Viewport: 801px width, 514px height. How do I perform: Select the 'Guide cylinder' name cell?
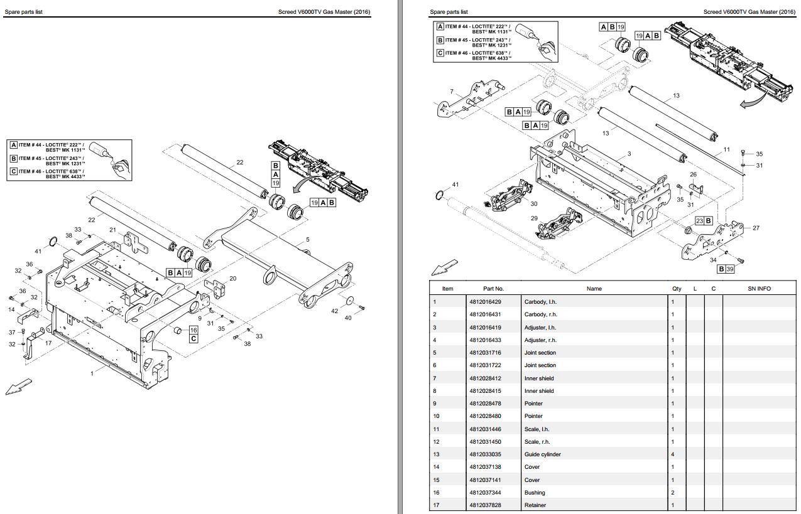[x=542, y=454]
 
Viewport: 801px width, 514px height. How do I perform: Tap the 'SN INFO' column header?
[x=759, y=289]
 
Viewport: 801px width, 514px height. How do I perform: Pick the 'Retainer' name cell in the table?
[x=535, y=505]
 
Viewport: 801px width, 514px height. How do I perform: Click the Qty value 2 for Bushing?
[x=673, y=493]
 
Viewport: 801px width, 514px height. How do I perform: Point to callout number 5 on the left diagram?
[x=308, y=239]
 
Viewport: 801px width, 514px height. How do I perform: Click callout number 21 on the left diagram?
[x=113, y=230]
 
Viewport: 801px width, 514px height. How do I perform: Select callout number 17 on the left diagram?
[x=48, y=343]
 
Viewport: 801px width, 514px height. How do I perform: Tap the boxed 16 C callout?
[x=193, y=334]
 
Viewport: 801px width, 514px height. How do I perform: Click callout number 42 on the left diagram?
[x=335, y=311]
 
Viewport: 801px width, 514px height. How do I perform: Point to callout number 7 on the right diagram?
[x=451, y=92]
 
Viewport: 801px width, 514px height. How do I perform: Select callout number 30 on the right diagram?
[x=534, y=203]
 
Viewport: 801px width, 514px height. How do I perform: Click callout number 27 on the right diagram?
[x=756, y=228]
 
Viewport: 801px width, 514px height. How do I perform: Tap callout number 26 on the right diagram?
[x=693, y=174]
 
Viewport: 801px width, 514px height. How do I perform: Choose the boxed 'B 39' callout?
[x=726, y=269]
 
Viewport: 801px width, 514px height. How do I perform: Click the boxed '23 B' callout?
[x=703, y=221]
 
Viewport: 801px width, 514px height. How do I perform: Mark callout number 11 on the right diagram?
[x=726, y=149]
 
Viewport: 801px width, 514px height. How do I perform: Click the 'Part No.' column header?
[x=493, y=289]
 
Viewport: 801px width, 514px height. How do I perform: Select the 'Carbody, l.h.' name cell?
[x=540, y=302]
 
